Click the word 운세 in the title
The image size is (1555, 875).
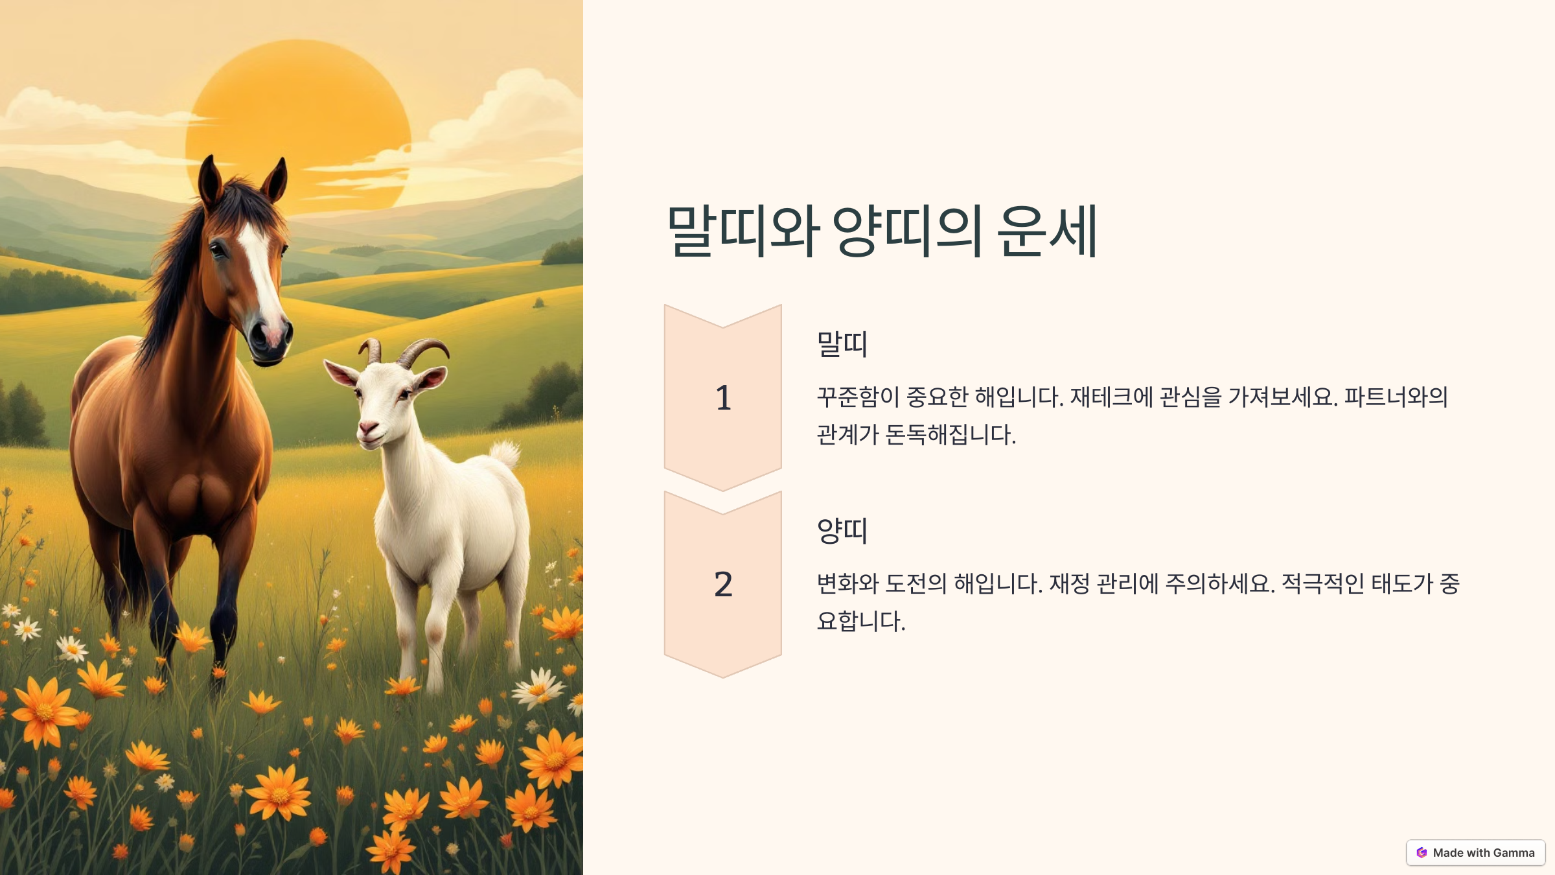click(1047, 231)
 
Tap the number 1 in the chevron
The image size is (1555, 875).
click(723, 397)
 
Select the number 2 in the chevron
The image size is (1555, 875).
click(723, 584)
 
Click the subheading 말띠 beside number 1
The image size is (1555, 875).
click(842, 344)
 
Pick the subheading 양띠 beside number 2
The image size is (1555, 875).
click(842, 530)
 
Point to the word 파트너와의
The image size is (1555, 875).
click(1396, 397)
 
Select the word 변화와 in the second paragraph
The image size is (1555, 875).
click(847, 583)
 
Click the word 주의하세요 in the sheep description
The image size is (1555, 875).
click(1219, 583)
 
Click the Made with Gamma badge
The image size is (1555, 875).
click(1475, 852)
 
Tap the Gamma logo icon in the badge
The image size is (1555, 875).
click(1422, 852)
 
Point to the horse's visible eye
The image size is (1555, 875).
click(218, 249)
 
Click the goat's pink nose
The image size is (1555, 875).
click(367, 428)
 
